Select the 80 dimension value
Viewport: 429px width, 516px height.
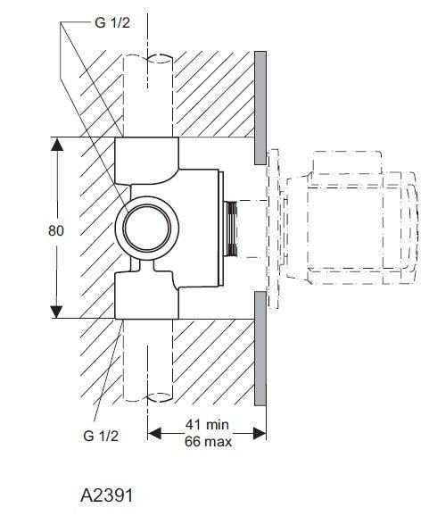click(56, 229)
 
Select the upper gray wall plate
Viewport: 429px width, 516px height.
click(260, 107)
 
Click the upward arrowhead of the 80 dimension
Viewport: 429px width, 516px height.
click(56, 144)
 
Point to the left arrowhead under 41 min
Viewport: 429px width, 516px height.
click(153, 433)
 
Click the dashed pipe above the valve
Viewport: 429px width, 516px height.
click(148, 94)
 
